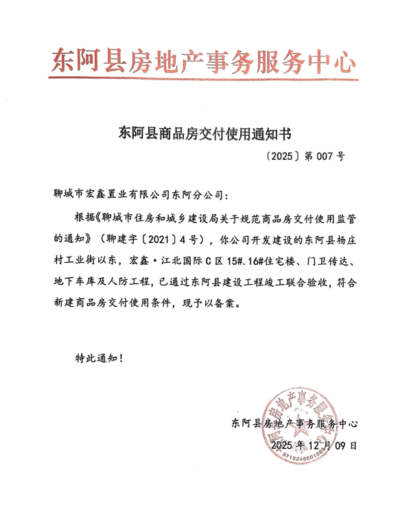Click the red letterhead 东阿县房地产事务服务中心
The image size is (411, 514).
point(204,62)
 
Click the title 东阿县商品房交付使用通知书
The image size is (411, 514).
point(204,132)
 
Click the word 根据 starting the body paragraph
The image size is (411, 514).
point(85,219)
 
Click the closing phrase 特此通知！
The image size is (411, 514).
point(100,358)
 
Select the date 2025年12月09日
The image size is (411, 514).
point(314,445)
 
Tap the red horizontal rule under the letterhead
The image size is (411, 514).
point(204,78)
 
